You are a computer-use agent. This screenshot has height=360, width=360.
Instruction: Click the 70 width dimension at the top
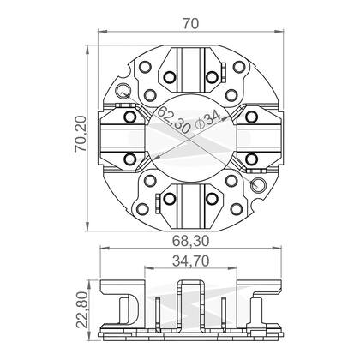(190, 23)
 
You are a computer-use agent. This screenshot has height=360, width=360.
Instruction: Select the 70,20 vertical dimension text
(81, 134)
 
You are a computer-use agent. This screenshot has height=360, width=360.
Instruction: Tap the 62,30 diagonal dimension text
(173, 119)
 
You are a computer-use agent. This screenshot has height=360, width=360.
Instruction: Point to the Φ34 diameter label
(208, 120)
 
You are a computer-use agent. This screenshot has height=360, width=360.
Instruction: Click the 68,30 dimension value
(190, 241)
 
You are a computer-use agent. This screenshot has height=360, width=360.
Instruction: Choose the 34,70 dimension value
(190, 261)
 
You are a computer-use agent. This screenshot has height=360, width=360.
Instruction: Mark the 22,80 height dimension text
(82, 309)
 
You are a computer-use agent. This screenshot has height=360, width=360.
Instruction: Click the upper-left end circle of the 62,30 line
(123, 91)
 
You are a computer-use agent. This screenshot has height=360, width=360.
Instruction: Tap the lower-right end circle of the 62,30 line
(258, 184)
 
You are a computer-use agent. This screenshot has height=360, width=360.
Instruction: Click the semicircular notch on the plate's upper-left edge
(125, 73)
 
